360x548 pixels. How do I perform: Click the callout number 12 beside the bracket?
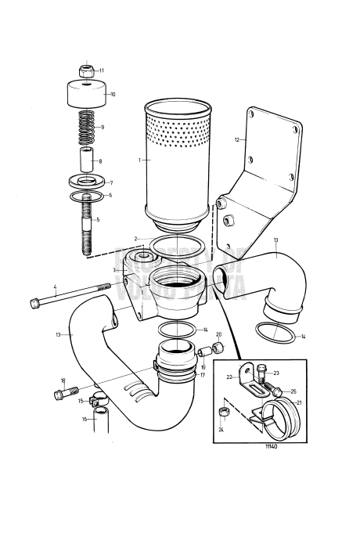(236, 139)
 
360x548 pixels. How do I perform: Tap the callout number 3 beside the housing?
(113, 269)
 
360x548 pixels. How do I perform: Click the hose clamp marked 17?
(178, 374)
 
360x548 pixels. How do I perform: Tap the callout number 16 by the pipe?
(84, 420)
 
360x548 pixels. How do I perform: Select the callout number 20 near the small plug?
(219, 334)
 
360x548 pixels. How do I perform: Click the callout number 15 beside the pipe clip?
(80, 401)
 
